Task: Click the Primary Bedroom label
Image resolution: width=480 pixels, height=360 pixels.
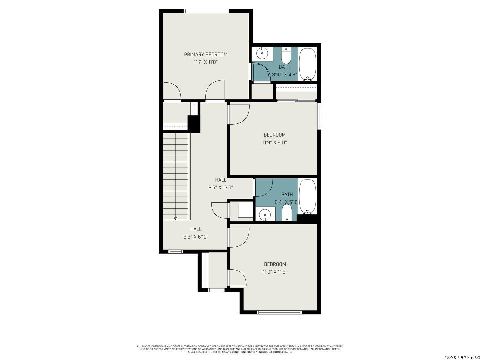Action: point(206,54)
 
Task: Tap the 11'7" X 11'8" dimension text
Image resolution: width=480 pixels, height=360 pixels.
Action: point(206,62)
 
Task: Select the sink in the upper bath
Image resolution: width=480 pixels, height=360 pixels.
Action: point(262,53)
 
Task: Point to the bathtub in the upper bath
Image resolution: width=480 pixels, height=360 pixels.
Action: point(307,64)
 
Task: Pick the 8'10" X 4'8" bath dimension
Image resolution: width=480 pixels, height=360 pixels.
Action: point(285,74)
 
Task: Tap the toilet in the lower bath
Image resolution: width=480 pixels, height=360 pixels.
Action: point(286,212)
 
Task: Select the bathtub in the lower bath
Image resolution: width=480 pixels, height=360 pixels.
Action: point(307,196)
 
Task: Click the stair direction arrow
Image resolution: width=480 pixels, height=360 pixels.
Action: point(175,218)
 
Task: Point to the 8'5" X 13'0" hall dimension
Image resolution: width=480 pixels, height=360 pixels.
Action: point(221,187)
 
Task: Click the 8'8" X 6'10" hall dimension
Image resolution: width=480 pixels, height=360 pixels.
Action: point(196,237)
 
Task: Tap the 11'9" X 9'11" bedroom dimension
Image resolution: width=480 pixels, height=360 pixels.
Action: point(274,143)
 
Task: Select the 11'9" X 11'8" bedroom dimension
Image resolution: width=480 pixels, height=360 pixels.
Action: point(275,272)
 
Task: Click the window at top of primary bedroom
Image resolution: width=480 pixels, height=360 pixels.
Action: point(206,11)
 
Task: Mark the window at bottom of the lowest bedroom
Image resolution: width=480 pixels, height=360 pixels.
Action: point(279,312)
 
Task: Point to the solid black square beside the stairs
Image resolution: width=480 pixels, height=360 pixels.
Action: point(194,124)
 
